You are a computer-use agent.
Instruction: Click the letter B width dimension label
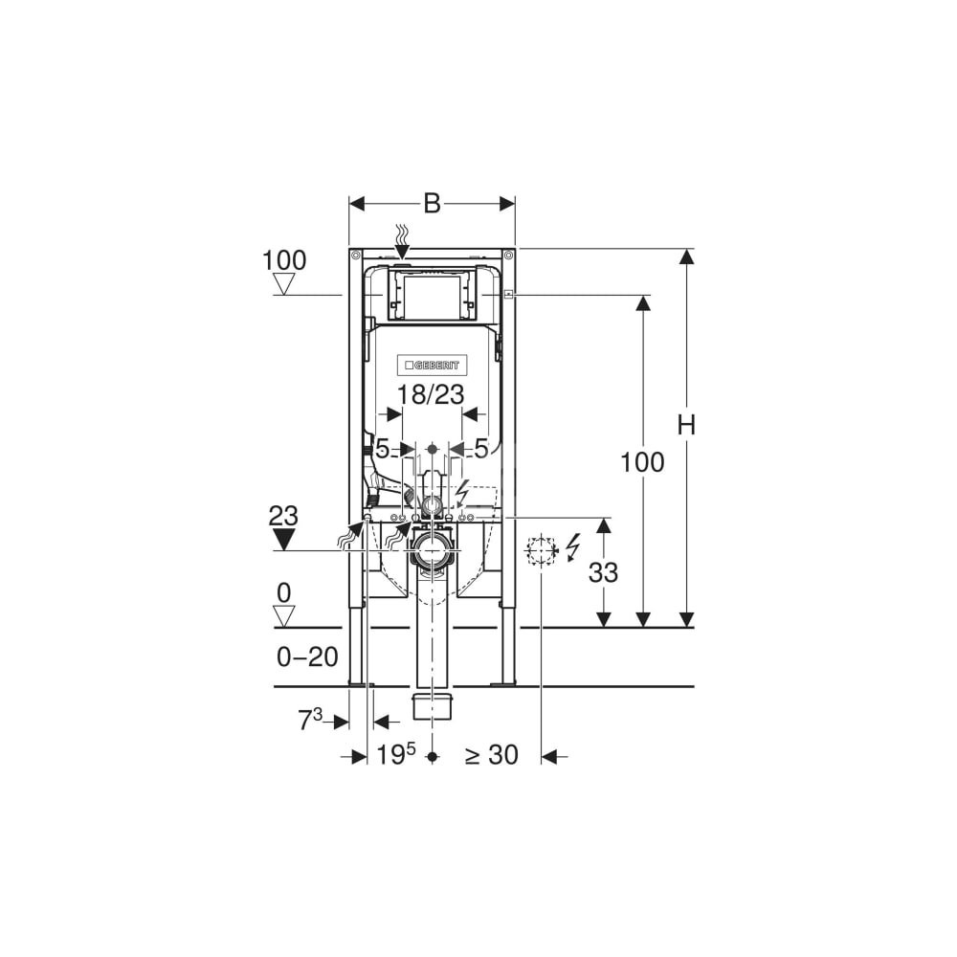[432, 203]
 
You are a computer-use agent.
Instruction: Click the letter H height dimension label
[686, 425]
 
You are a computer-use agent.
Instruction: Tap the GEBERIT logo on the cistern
[433, 365]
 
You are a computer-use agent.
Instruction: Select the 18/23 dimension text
[431, 395]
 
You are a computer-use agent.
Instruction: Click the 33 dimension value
[603, 572]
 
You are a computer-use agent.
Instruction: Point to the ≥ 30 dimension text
[492, 755]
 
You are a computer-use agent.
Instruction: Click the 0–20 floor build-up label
[307, 657]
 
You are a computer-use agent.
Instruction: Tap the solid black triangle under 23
[284, 539]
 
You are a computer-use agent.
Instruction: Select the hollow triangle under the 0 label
[284, 615]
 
